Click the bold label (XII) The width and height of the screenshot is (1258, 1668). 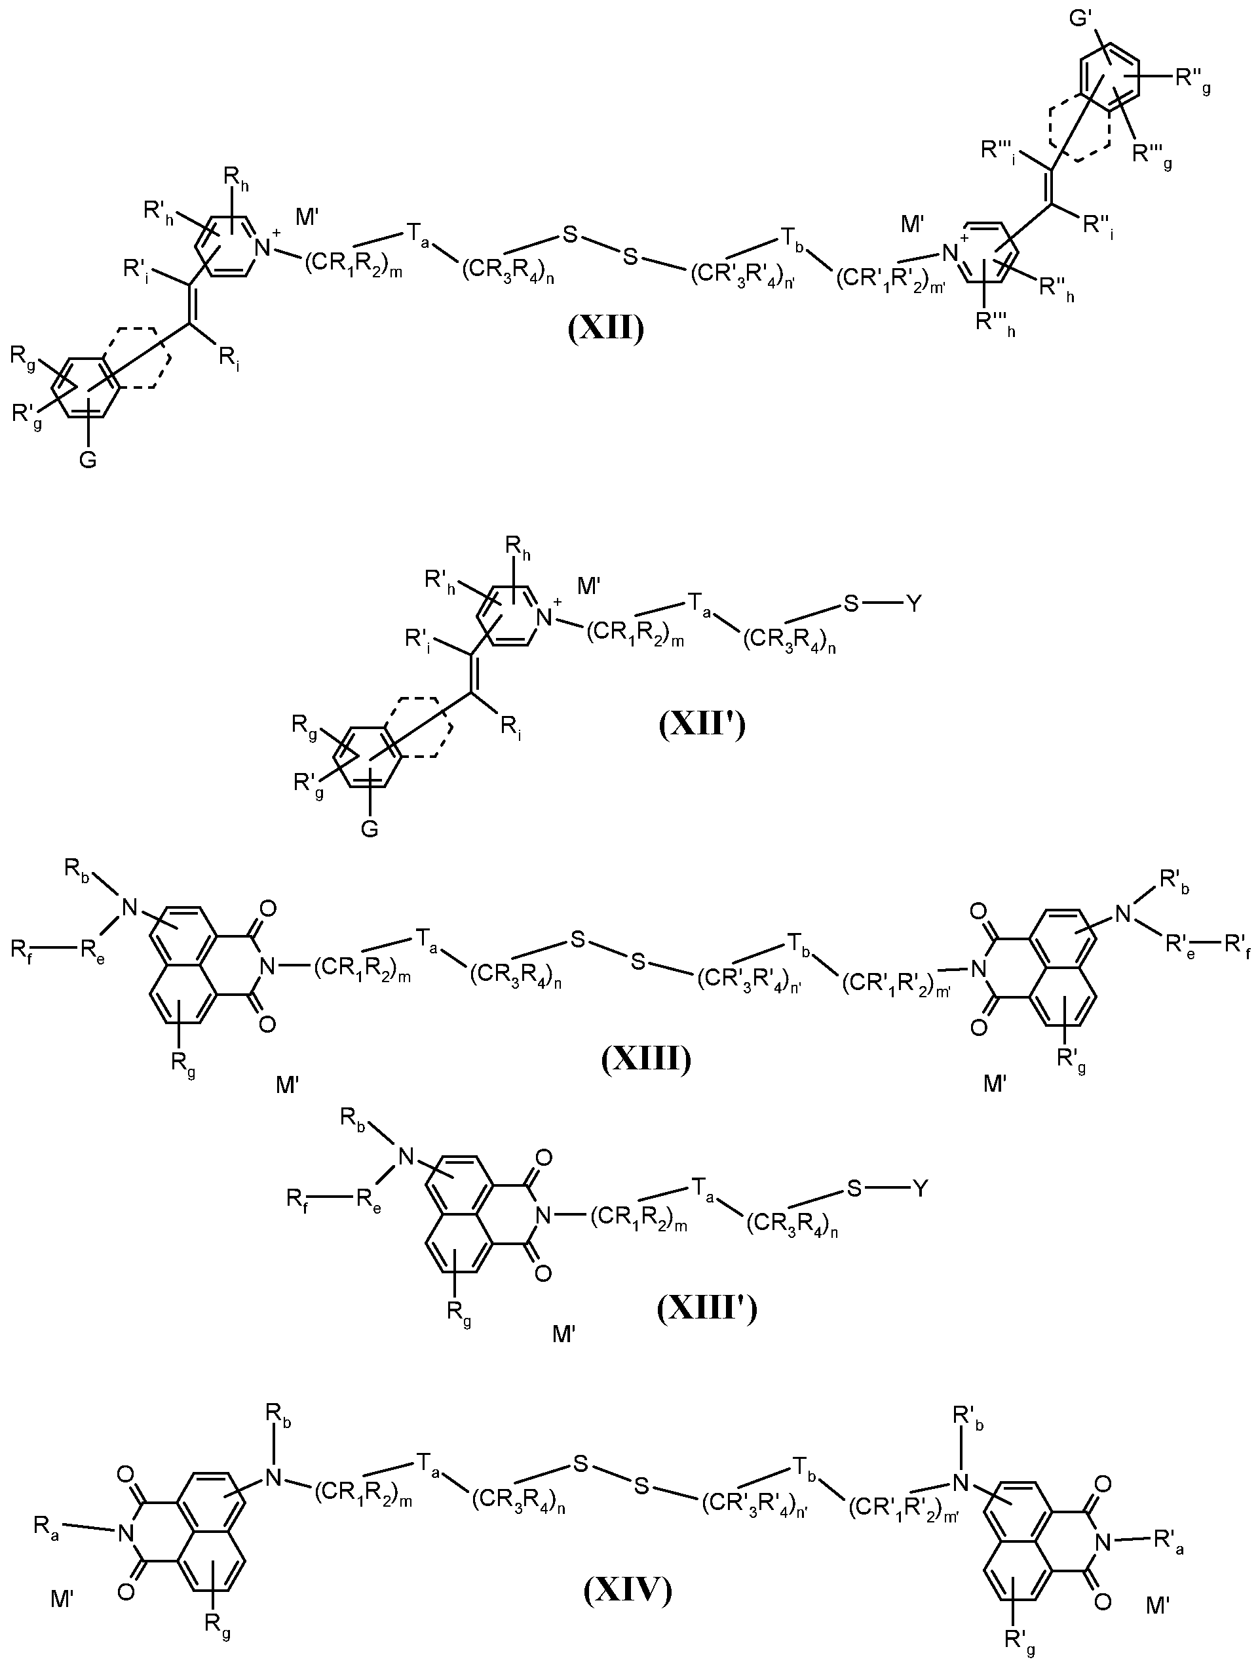pos(606,330)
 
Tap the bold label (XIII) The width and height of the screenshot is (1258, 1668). pos(647,1060)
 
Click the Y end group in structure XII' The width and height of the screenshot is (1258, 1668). pos(913,604)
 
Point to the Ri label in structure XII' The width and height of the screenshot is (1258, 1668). pos(510,728)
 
